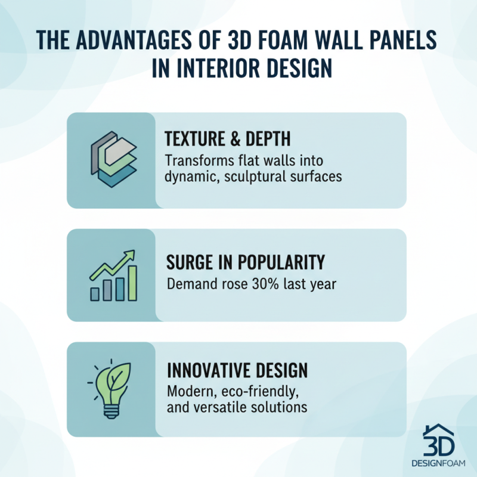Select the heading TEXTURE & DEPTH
point(227,140)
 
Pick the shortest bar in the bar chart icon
point(95,293)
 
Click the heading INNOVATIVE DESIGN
point(237,370)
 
